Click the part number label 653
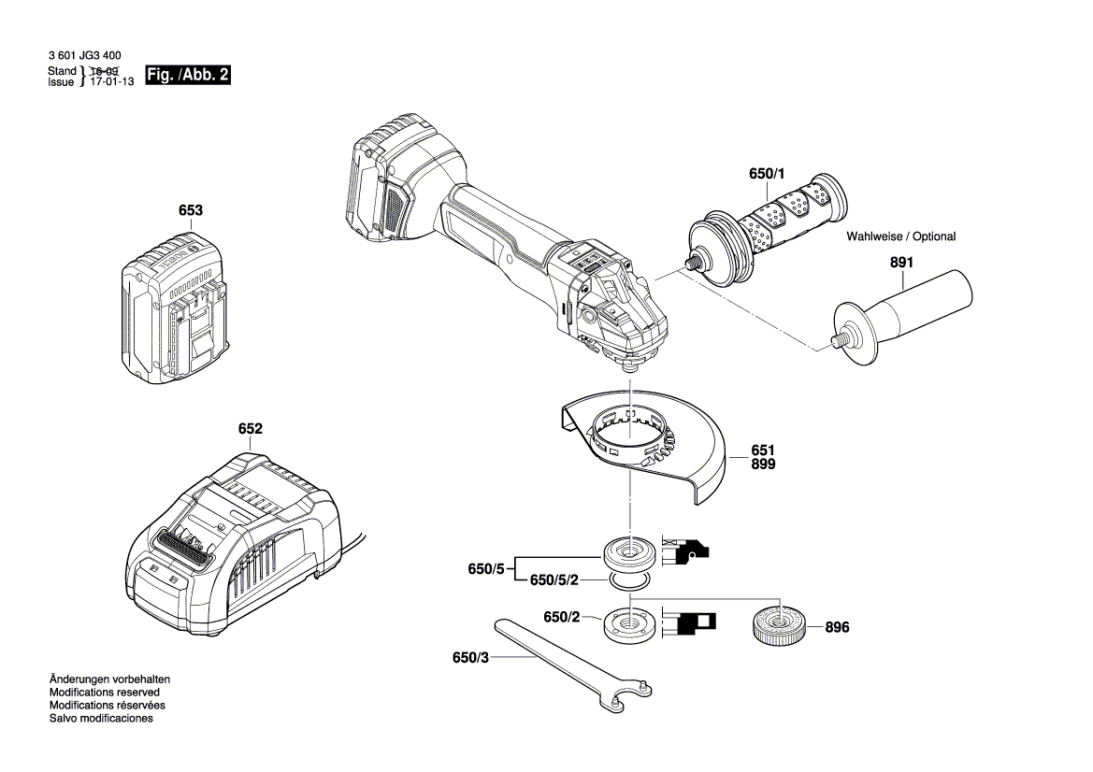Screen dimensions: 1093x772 (x=191, y=210)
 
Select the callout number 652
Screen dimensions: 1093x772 (x=251, y=428)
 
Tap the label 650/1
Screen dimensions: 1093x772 (x=767, y=174)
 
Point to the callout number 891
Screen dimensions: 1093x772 (x=901, y=262)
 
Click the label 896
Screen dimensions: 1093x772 (x=837, y=627)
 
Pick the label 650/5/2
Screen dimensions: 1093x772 (x=554, y=579)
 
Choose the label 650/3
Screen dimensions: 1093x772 (x=470, y=658)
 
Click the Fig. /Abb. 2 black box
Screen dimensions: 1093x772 (x=188, y=75)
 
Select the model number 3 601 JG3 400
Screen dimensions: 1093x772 (x=85, y=56)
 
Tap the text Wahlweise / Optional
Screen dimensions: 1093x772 (x=900, y=236)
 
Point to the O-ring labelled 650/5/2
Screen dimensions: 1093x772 (x=630, y=579)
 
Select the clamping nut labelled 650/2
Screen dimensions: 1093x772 (x=630, y=622)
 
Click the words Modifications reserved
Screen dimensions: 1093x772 (x=105, y=693)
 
